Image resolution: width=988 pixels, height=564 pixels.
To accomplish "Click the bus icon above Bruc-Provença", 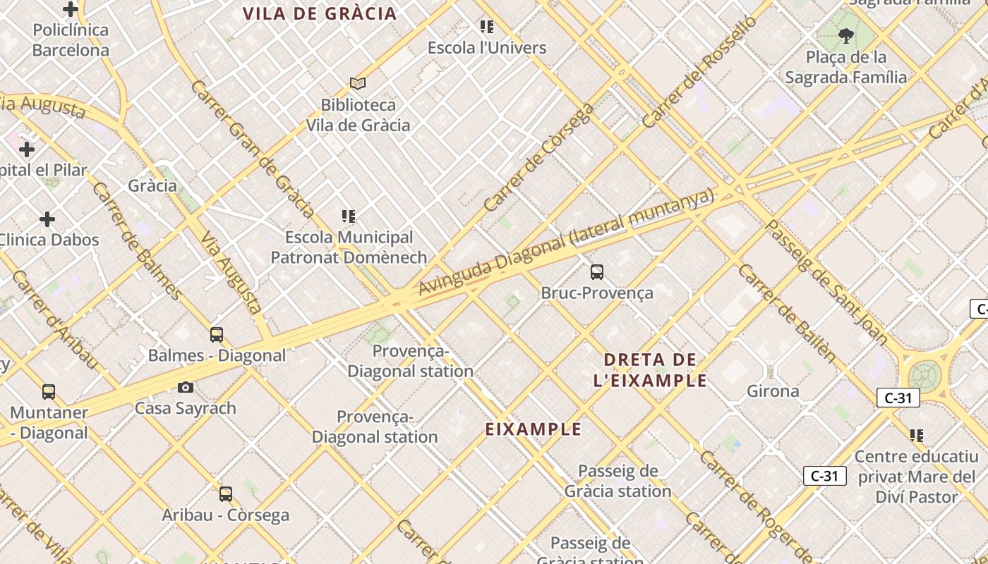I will point(597,271).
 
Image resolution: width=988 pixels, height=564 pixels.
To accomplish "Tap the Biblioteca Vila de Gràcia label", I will point(358,115).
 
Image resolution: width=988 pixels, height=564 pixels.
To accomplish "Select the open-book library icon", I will point(358,84).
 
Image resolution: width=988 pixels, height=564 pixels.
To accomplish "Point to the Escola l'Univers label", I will point(487,48).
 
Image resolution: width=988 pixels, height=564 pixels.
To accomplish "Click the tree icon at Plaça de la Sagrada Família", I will point(845,35).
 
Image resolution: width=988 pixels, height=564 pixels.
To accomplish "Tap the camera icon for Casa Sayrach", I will point(186,387).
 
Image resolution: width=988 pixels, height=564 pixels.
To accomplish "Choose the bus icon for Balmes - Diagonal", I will point(217,334).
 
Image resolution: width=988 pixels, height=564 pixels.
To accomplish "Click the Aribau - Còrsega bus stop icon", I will point(226,494).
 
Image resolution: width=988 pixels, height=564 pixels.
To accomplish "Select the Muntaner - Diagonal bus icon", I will point(49,391).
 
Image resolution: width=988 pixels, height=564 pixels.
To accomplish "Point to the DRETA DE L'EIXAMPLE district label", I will point(650,370).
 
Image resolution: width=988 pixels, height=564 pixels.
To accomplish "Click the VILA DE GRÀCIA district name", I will point(320,13).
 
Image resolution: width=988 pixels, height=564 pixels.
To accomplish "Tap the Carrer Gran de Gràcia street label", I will point(252,149).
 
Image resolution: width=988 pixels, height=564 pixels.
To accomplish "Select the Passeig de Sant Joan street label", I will point(826,282).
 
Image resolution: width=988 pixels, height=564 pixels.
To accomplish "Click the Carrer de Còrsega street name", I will point(540,159).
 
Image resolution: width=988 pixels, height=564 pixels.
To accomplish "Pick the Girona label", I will point(773,391).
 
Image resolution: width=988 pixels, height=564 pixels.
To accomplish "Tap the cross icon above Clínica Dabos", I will point(47,219).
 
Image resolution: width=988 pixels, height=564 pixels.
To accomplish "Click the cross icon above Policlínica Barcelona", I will point(71,9).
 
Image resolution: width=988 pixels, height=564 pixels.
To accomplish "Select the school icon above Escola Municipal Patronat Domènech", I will point(349,216).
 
